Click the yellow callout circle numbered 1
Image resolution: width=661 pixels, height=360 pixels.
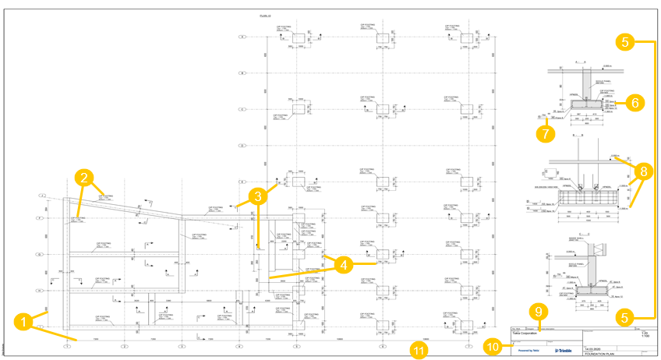(24, 319)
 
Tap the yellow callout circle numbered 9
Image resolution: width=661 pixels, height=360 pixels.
(536, 310)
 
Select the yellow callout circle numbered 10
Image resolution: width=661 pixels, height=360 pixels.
(493, 345)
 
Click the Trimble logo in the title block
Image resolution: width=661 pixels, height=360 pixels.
(563, 350)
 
